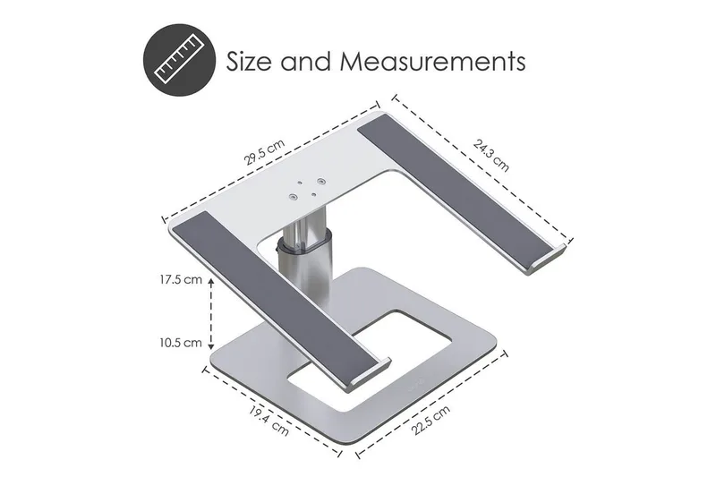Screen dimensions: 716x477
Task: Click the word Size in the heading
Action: [250, 61]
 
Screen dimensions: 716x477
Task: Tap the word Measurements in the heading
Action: [432, 61]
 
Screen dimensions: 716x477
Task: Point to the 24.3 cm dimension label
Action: [490, 155]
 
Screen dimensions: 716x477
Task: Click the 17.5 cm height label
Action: [181, 280]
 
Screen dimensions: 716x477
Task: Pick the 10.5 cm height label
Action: [181, 343]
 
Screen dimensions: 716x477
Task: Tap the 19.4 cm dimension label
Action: [269, 420]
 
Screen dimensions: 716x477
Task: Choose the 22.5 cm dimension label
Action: [430, 420]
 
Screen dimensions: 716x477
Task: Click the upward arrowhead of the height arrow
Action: [211, 282]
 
